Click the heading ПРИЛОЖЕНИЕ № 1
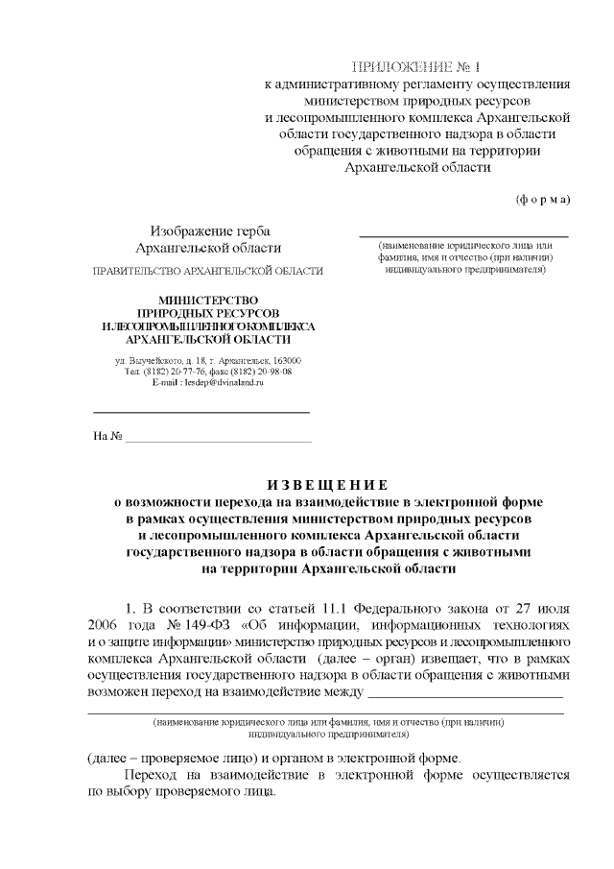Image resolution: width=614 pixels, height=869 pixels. click(415, 66)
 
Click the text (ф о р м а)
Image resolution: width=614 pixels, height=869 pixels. click(543, 200)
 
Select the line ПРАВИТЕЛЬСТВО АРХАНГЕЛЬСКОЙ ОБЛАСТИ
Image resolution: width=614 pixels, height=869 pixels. click(207, 272)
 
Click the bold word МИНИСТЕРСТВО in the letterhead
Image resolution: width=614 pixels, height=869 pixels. click(209, 302)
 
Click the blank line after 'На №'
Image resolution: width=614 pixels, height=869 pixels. click(220, 438)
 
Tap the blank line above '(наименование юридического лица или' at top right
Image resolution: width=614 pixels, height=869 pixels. click(463, 234)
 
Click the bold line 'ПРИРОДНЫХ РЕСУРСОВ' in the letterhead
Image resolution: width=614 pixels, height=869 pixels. click(209, 314)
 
